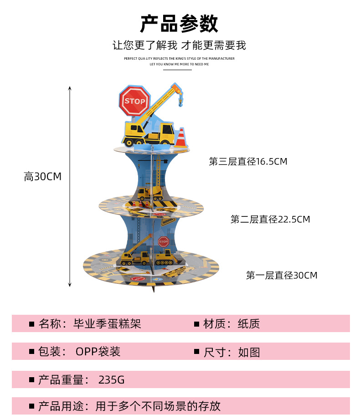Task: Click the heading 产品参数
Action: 179,24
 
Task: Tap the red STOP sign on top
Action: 134,101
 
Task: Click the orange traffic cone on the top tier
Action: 181,137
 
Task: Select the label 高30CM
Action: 42,177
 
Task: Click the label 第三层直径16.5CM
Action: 248,162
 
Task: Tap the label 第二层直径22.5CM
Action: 270,220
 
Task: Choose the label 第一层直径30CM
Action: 282,276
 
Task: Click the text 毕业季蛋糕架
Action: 108,324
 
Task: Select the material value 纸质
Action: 249,324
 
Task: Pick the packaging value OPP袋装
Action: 98,352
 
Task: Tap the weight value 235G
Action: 111,380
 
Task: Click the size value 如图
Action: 249,352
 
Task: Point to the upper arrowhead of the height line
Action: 70,88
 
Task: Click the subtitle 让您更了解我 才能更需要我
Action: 179,45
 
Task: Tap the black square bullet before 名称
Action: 31,324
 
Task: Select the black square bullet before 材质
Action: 197,324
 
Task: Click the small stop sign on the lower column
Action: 163,241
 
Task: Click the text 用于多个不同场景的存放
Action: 158,406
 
